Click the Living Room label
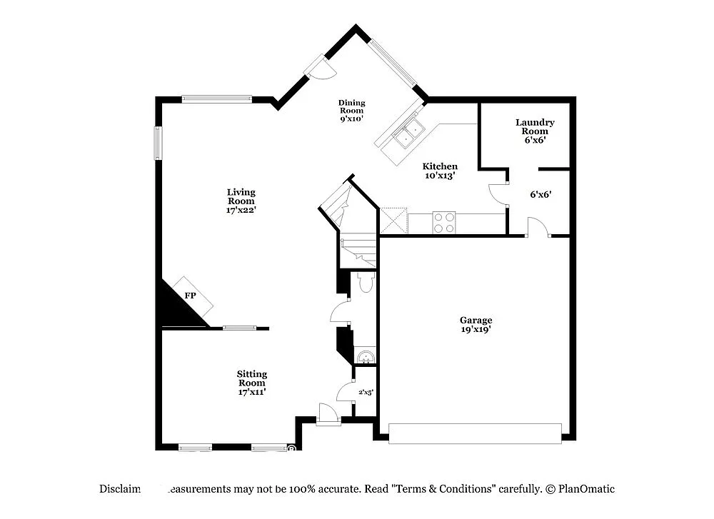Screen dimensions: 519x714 pos(241,201)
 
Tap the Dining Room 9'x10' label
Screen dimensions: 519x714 pos(351,111)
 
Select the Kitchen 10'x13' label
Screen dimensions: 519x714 pos(440,171)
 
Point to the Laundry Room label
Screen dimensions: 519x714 pos(535,131)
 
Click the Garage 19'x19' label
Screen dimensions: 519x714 pos(476,325)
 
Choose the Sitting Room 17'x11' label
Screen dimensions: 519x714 pos(252,383)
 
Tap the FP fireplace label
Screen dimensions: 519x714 pos(191,295)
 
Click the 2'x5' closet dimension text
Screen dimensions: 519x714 pos(366,392)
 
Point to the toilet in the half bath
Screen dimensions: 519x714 pos(366,283)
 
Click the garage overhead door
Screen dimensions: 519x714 pos(475,433)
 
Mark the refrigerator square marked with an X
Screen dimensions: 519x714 pos(393,221)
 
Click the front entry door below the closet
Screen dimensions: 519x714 pos(329,415)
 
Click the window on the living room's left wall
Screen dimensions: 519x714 pos(159,143)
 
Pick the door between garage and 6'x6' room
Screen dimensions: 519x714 pos(536,227)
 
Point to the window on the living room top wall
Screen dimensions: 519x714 pos(216,99)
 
